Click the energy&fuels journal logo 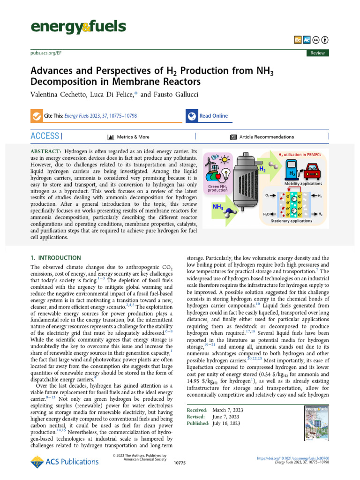pos(78,27)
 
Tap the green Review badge pos(317,53)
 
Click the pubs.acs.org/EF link pos(46,53)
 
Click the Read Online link pos(213,116)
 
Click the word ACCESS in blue pos(45,136)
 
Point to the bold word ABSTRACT pos(46,152)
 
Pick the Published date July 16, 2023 pos(226,423)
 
